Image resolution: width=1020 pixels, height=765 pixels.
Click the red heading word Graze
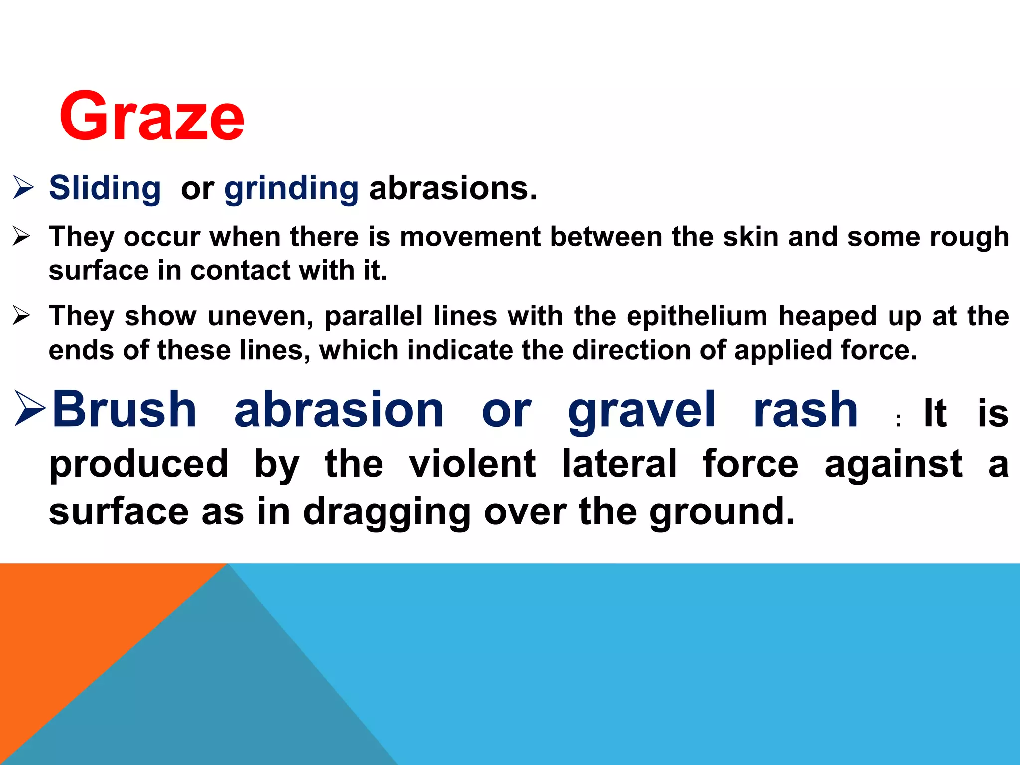pyautogui.click(x=152, y=117)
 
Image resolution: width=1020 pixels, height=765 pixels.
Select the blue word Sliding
pyautogui.click(x=105, y=189)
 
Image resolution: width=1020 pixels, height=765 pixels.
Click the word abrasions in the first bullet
pyautogui.click(x=453, y=189)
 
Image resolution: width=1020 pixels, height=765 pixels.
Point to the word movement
pyautogui.click(x=470, y=236)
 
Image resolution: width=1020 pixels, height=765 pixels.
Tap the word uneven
pyautogui.click(x=260, y=316)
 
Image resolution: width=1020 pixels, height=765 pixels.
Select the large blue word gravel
pyautogui.click(x=641, y=411)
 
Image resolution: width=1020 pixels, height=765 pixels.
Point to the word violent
pyautogui.click(x=472, y=463)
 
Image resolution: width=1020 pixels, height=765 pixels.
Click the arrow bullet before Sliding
pyautogui.click(x=23, y=188)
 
